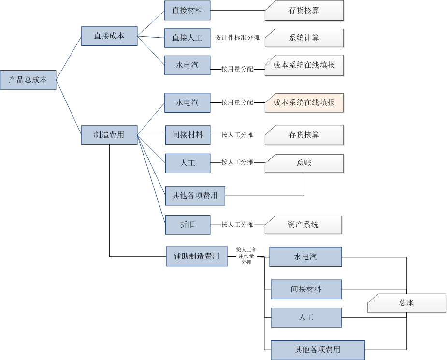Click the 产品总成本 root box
[28, 80]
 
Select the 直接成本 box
[109, 36]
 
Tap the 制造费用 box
[109, 135]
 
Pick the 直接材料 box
[187, 10]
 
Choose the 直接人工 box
[187, 38]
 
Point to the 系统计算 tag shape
[304, 38]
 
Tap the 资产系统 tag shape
[303, 225]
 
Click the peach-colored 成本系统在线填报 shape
[304, 102]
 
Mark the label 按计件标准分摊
[238, 38]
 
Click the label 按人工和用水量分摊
[246, 256]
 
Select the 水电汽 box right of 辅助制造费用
[305, 257]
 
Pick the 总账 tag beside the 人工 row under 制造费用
[304, 163]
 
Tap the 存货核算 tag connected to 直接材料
[304, 10]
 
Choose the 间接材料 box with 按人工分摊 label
[187, 135]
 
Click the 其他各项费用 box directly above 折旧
[195, 196]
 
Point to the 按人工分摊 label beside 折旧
[237, 225]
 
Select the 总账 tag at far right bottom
[406, 303]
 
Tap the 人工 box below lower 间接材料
[306, 317]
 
